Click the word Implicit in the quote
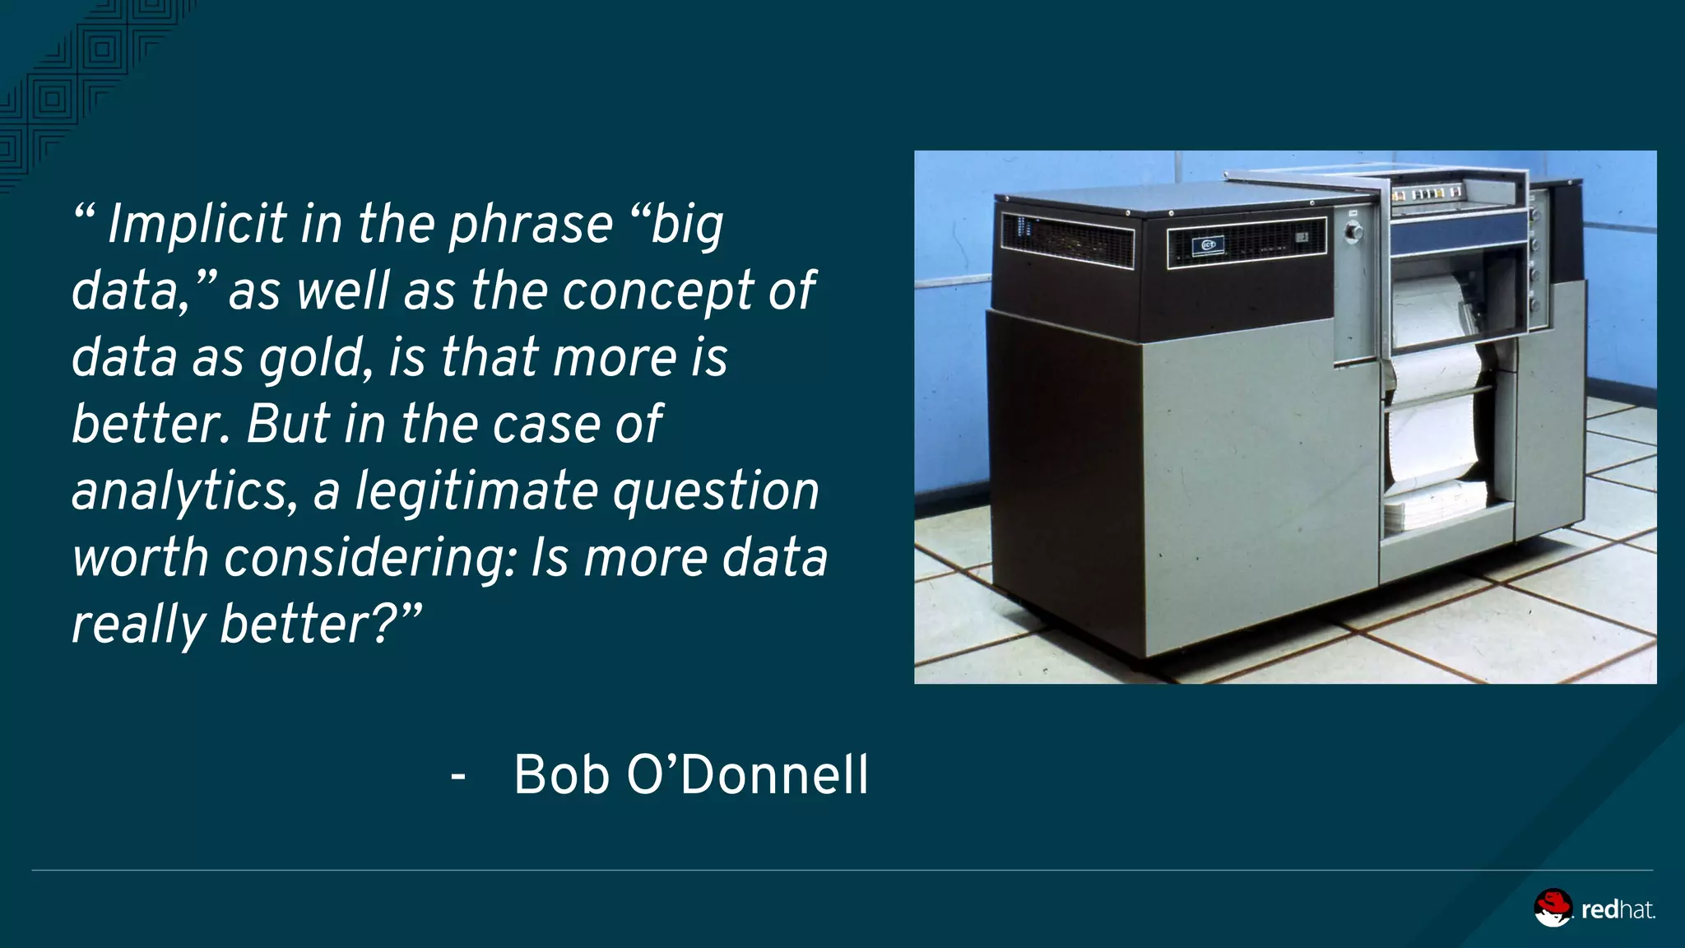click(x=197, y=225)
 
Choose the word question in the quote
click(x=716, y=493)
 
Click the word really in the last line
click(x=138, y=625)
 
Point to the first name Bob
click(x=561, y=775)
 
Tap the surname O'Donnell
click(x=747, y=775)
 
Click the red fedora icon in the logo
click(x=1553, y=908)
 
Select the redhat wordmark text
click(x=1618, y=910)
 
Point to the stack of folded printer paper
click(x=1435, y=504)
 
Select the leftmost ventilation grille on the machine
click(x=1067, y=238)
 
